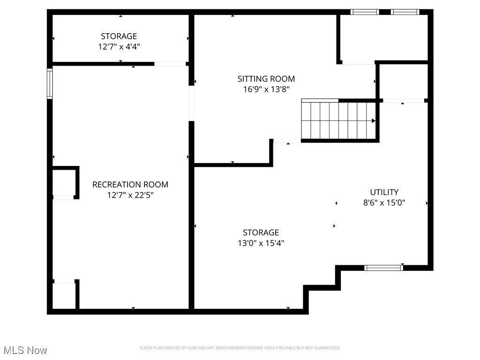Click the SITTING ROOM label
coord(266,79)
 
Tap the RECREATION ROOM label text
coord(130,185)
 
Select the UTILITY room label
coord(384,192)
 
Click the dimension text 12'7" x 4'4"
coord(119,47)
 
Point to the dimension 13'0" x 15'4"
coord(261,243)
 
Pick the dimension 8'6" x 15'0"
coord(384,203)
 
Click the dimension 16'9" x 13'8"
coord(266,90)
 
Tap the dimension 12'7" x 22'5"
coord(130,195)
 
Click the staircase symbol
coord(338,120)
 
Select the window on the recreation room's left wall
coord(49,84)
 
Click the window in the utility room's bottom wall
coord(383,268)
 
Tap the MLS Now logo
coord(25,350)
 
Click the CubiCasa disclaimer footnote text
coord(240,348)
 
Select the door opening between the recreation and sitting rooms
coord(191,104)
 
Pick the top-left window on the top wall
coord(365,12)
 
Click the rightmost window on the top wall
coord(405,12)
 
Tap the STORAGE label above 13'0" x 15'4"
coord(261,232)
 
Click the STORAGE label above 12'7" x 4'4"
coord(119,36)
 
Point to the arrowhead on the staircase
coord(374,120)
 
